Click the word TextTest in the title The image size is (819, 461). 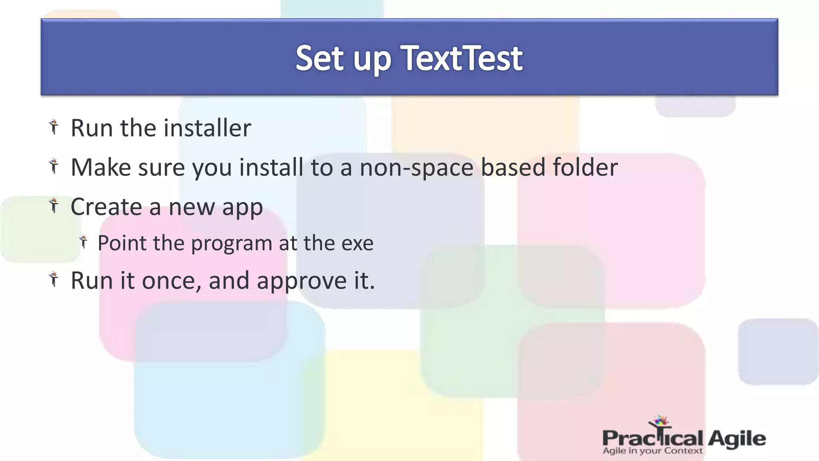(x=462, y=58)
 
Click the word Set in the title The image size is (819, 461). (x=320, y=58)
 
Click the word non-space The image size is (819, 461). (x=416, y=167)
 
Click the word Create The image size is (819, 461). (x=106, y=207)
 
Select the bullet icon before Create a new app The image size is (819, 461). (x=54, y=205)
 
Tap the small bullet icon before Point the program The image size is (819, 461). (x=84, y=242)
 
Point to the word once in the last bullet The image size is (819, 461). (x=171, y=281)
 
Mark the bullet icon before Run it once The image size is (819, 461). (x=54, y=279)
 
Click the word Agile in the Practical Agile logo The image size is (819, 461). (x=737, y=439)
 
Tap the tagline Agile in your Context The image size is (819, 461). (x=652, y=451)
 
